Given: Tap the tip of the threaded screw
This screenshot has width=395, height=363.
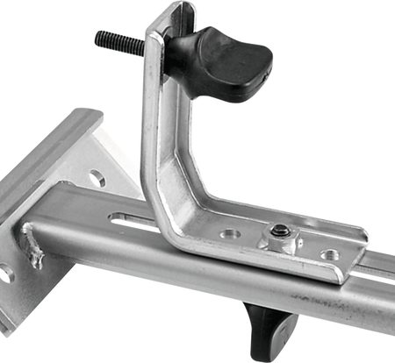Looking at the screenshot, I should (x=98, y=37).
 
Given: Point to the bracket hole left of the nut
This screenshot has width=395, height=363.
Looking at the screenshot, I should (x=230, y=234).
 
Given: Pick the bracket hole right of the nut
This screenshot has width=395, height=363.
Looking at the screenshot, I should (x=331, y=254).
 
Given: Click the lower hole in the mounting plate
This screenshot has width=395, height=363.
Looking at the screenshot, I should (x=7, y=274).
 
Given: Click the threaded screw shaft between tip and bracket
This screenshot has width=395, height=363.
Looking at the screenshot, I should (x=123, y=45).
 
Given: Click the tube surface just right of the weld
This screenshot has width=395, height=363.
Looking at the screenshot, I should (x=70, y=237).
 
